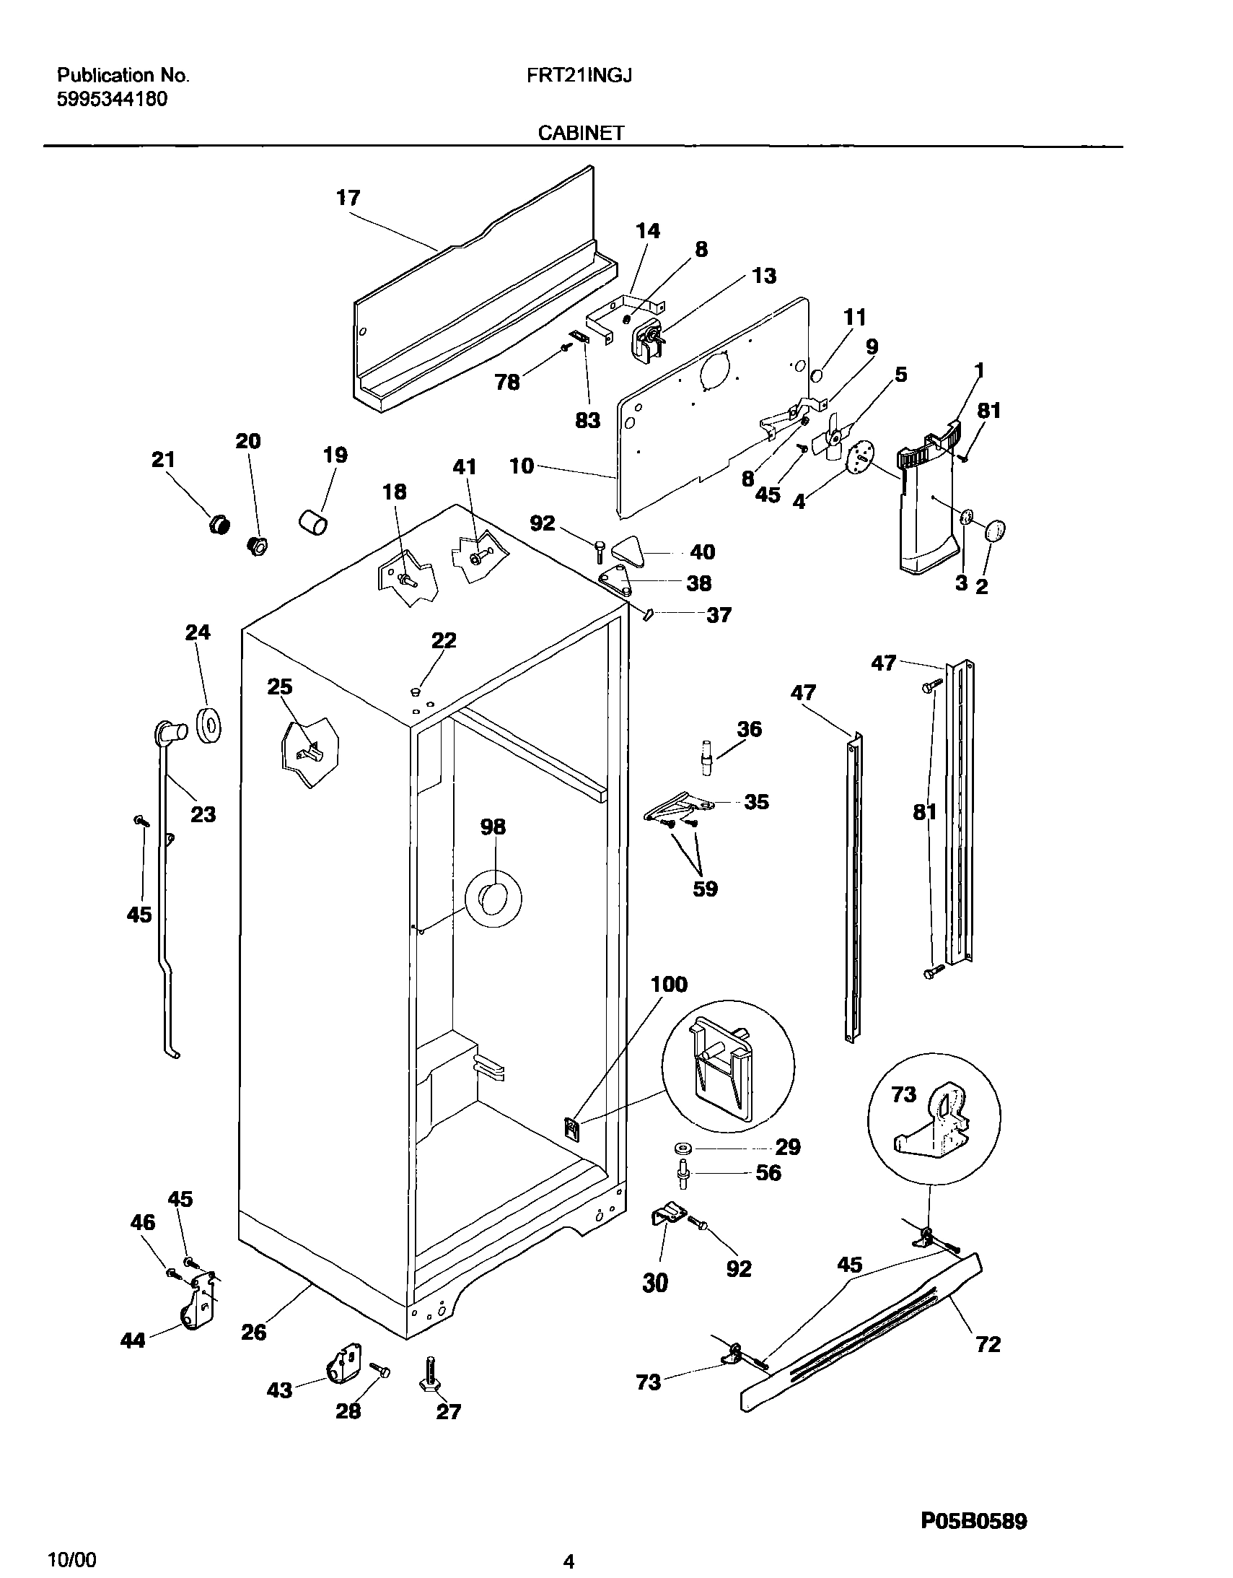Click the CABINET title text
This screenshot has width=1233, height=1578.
coord(581,133)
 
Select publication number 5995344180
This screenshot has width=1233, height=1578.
coord(112,99)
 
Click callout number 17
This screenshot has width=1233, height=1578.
coord(348,197)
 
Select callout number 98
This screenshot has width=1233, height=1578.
coord(493,827)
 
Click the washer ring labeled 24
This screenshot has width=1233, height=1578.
coord(209,725)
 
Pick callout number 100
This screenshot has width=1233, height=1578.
coord(669,984)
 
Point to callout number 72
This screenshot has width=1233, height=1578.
coord(988,1344)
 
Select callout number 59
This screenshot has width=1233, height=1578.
coord(705,888)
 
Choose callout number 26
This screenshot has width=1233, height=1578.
coord(253,1332)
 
